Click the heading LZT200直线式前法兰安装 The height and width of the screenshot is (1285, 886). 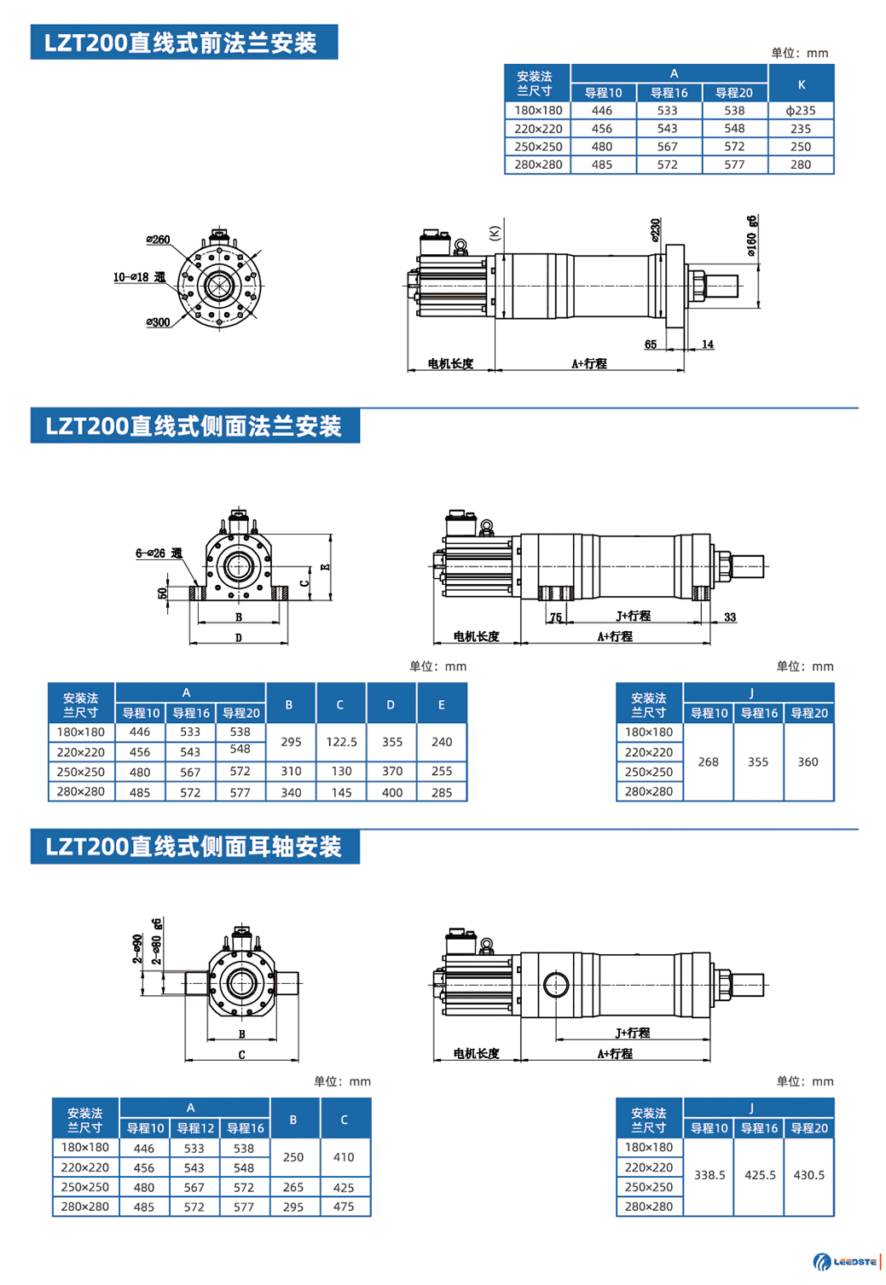pos(183,43)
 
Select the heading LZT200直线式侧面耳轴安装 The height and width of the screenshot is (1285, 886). pos(194,847)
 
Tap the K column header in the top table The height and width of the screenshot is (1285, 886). pos(801,84)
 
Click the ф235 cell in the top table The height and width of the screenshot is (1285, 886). pos(801,111)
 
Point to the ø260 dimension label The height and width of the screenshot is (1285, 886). pos(158,240)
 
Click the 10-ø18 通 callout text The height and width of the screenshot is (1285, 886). pos(139,277)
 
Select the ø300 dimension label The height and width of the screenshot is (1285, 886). pos(158,322)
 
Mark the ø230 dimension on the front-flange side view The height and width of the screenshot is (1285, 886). pos(655,230)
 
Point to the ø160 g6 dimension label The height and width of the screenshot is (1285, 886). pos(751,235)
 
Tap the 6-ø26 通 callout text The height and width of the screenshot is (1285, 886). pos(159,553)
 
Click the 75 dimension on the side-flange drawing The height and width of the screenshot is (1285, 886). pos(555,617)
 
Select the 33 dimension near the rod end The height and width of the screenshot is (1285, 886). pos(730,617)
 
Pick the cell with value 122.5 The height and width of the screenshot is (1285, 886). pos(341,742)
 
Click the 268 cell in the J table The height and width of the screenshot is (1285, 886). pos(708,761)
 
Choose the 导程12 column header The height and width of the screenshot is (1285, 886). pos(195,1128)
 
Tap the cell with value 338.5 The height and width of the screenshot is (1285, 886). pos(709,1175)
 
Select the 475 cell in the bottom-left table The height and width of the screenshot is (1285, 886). pos(344,1207)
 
